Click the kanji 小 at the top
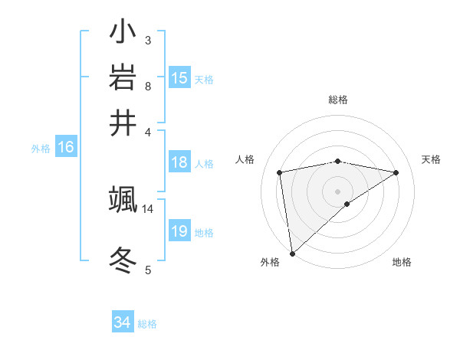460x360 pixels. click(123, 33)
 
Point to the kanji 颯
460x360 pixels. click(123, 200)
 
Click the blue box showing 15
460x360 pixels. click(179, 77)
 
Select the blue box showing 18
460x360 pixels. click(179, 162)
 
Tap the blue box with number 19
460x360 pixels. click(179, 231)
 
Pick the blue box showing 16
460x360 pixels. click(66, 147)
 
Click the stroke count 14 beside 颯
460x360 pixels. click(148, 208)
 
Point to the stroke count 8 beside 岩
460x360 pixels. click(148, 86)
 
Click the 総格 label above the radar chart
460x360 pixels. click(337, 100)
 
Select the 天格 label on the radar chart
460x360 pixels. click(431, 159)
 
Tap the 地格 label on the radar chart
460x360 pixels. click(402, 262)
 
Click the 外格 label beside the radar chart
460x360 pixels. click(270, 262)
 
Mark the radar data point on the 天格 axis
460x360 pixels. click(396, 172)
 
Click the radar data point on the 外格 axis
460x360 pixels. click(292, 253)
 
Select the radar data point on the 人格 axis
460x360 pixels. click(280, 172)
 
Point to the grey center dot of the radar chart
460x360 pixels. click(337, 191)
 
